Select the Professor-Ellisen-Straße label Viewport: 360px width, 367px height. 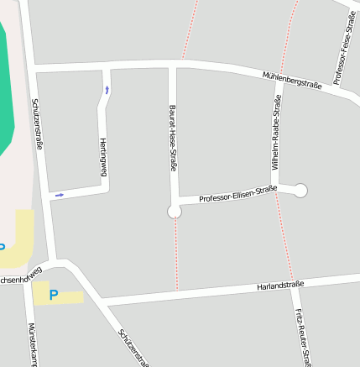click(238, 194)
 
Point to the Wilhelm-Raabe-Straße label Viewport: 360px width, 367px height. click(276, 130)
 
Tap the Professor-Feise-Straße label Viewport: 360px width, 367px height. click(345, 49)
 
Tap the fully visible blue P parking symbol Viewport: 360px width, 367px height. click(54, 295)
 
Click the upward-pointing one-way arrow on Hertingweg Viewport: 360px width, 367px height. click(107, 89)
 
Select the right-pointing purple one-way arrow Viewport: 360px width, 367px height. click(60, 195)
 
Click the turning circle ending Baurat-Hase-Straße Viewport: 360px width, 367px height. click(175, 212)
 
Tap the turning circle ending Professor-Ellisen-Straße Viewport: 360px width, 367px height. click(300, 191)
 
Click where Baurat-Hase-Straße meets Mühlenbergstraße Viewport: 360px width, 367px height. click(173, 65)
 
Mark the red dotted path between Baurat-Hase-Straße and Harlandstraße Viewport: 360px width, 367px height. click(176, 252)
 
